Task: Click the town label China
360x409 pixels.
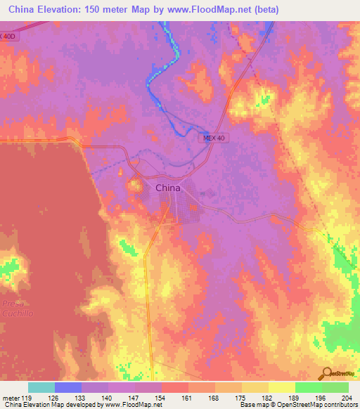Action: tap(167, 188)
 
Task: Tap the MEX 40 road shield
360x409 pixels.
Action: tap(211, 141)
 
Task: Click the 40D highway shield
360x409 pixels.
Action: tap(8, 36)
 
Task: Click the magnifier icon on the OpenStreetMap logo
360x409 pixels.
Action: tap(327, 373)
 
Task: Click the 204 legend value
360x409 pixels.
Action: tap(348, 397)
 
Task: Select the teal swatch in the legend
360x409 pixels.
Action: tap(41, 387)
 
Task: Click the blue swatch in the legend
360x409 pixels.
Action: tap(68, 387)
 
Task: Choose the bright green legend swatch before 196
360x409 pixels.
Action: tap(309, 387)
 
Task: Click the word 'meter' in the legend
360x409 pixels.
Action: tap(13, 397)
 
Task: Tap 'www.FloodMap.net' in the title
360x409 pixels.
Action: tap(209, 10)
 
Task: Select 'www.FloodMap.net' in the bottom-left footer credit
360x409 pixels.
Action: tap(134, 405)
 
